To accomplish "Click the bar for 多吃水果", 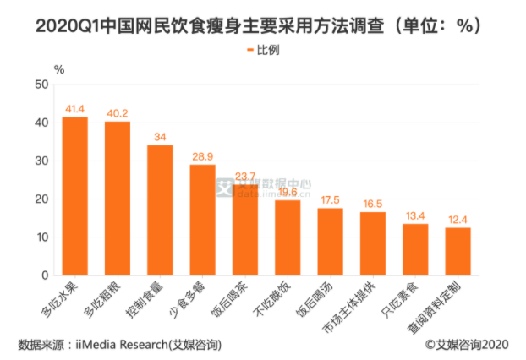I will (74, 196).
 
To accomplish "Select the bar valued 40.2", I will (117, 199).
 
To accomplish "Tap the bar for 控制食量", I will (160, 210).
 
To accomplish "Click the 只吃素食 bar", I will (415, 249).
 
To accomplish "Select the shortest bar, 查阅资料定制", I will (458, 251).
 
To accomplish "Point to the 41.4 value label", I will (74, 110).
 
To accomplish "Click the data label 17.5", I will (330, 200).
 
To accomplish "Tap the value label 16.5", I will (372, 205).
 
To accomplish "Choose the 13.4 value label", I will (415, 216).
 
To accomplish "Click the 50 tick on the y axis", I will (41, 85).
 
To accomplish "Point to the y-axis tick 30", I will (41, 161).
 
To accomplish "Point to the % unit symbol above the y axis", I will (59, 68).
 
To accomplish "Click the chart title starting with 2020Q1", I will (262, 25).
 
